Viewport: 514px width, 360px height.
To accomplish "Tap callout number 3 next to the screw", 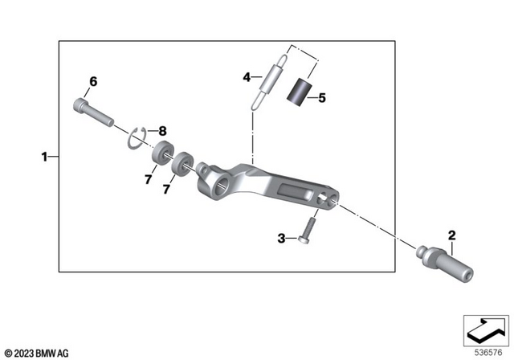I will pos(282,238).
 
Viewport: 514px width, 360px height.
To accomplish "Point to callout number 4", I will pos(248,78).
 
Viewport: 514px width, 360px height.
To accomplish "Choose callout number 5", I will pos(321,99).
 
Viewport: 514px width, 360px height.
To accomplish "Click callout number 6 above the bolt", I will pos(92,82).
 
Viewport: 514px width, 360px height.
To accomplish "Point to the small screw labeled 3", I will pos(306,234).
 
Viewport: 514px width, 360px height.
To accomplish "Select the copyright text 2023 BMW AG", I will pos(37,351).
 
